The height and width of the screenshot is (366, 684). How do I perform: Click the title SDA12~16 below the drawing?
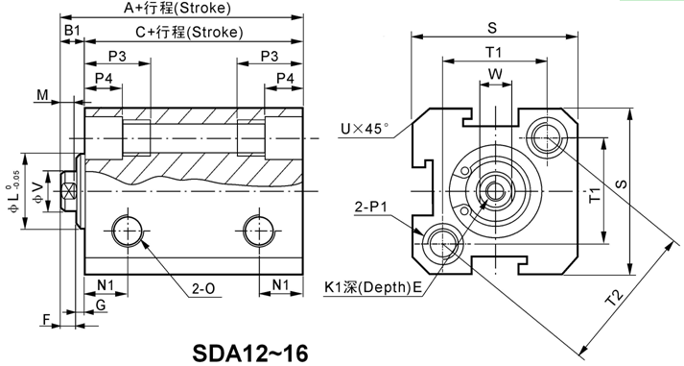pyautogui.click(x=250, y=353)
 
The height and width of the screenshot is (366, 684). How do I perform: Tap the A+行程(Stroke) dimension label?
pyautogui.click(x=177, y=8)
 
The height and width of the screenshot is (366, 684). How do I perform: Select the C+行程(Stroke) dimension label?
pyautogui.click(x=189, y=32)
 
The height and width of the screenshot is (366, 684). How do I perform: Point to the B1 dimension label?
pyautogui.click(x=72, y=30)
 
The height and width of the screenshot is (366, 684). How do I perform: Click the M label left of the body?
pyautogui.click(x=42, y=94)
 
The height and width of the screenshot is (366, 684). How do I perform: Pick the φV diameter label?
pyautogui.click(x=38, y=192)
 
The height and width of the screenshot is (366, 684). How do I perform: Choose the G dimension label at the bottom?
pyautogui.click(x=101, y=305)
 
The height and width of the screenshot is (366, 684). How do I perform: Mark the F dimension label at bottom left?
pyautogui.click(x=47, y=320)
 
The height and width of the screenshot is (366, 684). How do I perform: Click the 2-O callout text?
pyautogui.click(x=203, y=289)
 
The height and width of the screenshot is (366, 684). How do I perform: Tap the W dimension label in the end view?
pyautogui.click(x=495, y=74)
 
